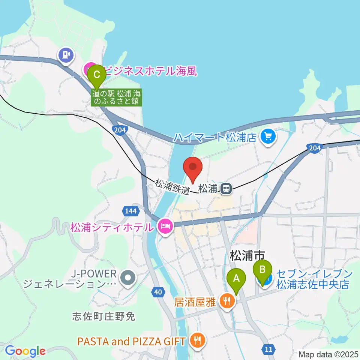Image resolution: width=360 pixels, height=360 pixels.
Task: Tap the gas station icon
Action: (x=66, y=55)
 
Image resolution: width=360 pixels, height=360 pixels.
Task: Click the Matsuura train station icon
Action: (x=226, y=189)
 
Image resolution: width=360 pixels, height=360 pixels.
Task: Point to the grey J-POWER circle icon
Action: (x=128, y=278)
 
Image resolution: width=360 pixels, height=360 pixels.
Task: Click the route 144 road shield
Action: (x=130, y=211)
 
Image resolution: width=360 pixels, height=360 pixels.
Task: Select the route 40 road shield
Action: (x=159, y=291)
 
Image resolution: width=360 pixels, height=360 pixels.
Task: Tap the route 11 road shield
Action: (x=268, y=349)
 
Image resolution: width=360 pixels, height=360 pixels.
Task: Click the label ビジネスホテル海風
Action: (x=150, y=70)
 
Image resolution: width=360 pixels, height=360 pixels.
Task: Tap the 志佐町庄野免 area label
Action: (x=103, y=317)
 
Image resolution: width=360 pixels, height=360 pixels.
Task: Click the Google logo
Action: (x=25, y=351)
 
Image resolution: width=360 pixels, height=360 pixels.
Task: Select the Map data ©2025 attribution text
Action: (x=328, y=354)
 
